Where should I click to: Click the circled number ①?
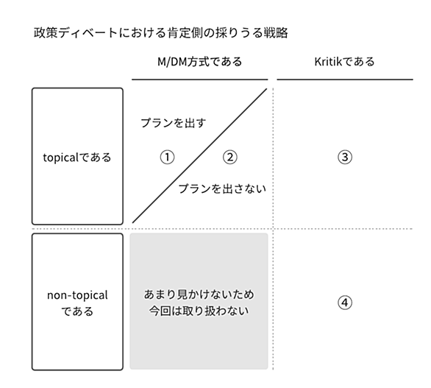click(x=167, y=157)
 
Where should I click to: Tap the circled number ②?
click(x=229, y=157)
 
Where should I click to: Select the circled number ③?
click(x=345, y=157)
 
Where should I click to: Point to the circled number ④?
click(x=345, y=303)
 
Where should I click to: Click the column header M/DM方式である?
click(x=199, y=62)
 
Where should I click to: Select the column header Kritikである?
click(x=344, y=62)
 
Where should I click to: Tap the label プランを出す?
click(x=173, y=123)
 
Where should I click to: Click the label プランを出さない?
click(x=222, y=188)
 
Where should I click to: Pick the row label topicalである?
click(x=77, y=158)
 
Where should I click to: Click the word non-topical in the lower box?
click(x=77, y=295)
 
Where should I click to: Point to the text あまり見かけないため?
click(x=199, y=294)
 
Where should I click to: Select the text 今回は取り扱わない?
click(x=199, y=311)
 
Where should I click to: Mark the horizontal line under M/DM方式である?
click(x=200, y=80)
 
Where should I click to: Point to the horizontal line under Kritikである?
click(x=345, y=80)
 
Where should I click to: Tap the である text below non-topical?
click(x=77, y=311)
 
